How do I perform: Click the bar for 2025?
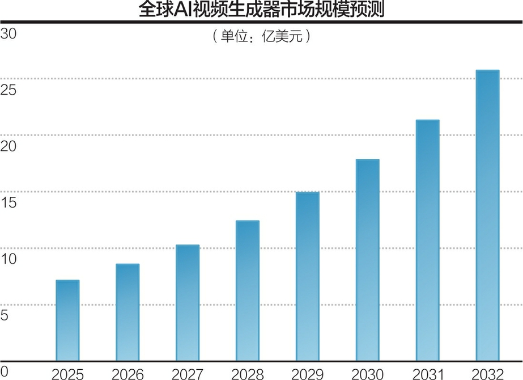pyautogui.click(x=67, y=320)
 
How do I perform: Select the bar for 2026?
pyautogui.click(x=127, y=313)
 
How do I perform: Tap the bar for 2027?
pyautogui.click(x=188, y=303)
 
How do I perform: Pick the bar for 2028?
pyautogui.click(x=248, y=291)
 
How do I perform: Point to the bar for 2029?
pyautogui.click(x=308, y=277)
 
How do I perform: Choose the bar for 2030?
pyautogui.click(x=368, y=260)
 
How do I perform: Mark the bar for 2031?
pyautogui.click(x=428, y=240)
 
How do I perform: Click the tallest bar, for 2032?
pyautogui.click(x=487, y=216)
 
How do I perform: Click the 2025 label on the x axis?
pyautogui.click(x=67, y=374)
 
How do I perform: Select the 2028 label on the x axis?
pyautogui.click(x=248, y=374)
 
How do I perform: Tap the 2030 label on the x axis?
pyautogui.click(x=368, y=374)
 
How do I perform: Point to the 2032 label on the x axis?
pyautogui.click(x=487, y=374)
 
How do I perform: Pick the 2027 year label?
pyautogui.click(x=188, y=374)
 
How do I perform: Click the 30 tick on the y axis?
pyautogui.click(x=9, y=33)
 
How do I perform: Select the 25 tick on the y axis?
pyautogui.click(x=9, y=90)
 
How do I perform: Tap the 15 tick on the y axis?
pyautogui.click(x=9, y=202)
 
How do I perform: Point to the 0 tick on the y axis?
pyautogui.click(x=5, y=371)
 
